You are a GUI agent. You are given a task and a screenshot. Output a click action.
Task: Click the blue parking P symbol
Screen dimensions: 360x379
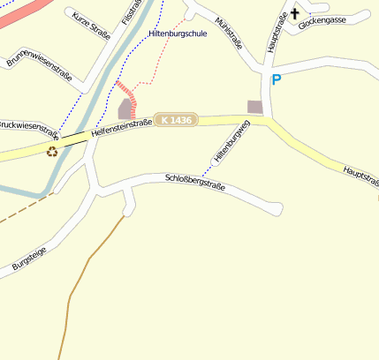click(276, 80)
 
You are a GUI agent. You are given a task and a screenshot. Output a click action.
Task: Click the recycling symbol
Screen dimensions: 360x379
click(52, 151)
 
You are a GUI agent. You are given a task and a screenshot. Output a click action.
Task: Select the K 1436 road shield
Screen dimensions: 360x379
click(177, 119)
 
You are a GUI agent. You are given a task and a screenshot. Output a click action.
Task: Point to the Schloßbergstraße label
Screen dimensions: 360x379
click(195, 183)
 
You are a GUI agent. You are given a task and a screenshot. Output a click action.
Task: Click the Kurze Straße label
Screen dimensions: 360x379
click(88, 24)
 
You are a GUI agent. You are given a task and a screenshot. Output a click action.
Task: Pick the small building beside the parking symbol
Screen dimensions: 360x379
click(254, 107)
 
